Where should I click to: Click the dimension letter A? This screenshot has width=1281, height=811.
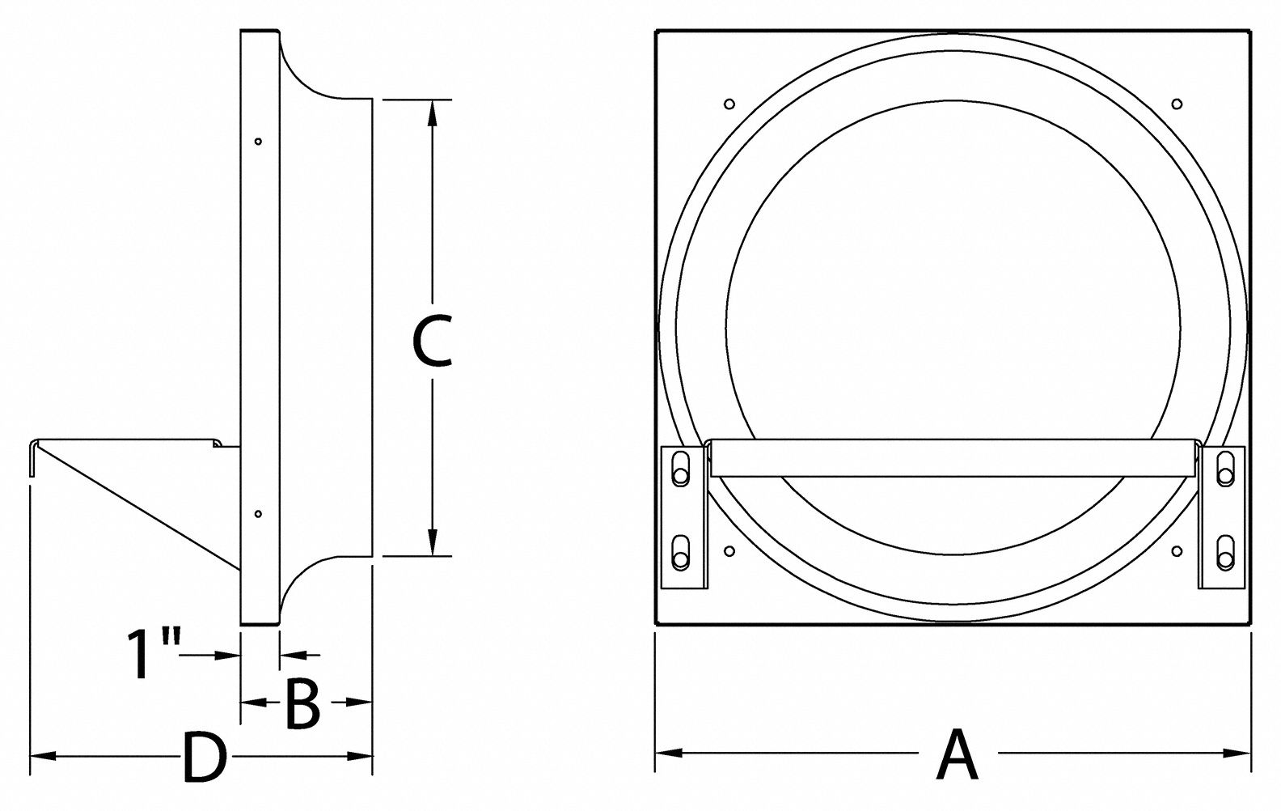point(958,755)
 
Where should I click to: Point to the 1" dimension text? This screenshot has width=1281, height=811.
point(152,654)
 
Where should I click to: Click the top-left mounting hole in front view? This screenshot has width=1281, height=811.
point(729,104)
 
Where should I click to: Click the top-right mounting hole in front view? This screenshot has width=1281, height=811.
point(1177,104)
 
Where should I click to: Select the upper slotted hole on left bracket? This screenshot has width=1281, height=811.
point(680,469)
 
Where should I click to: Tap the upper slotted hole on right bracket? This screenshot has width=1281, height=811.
point(1226,469)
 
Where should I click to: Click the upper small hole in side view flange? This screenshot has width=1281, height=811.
point(258,142)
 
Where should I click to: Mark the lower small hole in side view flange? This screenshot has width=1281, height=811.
point(258,513)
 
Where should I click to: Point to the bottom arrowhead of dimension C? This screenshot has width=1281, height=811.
point(433,544)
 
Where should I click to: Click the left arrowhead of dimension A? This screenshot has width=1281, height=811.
point(666,754)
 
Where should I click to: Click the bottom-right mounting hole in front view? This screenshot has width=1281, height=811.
point(1177,551)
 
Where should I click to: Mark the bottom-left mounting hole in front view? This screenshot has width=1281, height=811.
point(729,551)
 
